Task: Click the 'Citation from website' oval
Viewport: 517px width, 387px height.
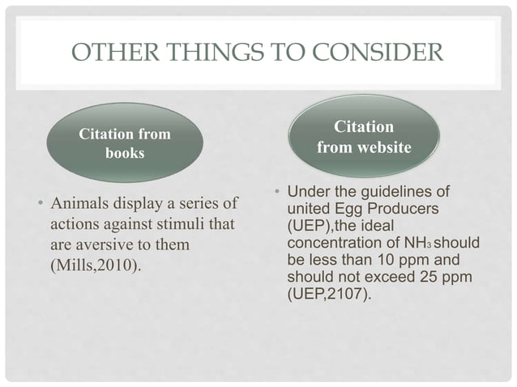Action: pyautogui.click(x=364, y=137)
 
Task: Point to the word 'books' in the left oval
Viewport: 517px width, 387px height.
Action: pyautogui.click(x=124, y=153)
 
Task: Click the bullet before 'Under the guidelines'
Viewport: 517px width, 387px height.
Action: pyautogui.click(x=276, y=193)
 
